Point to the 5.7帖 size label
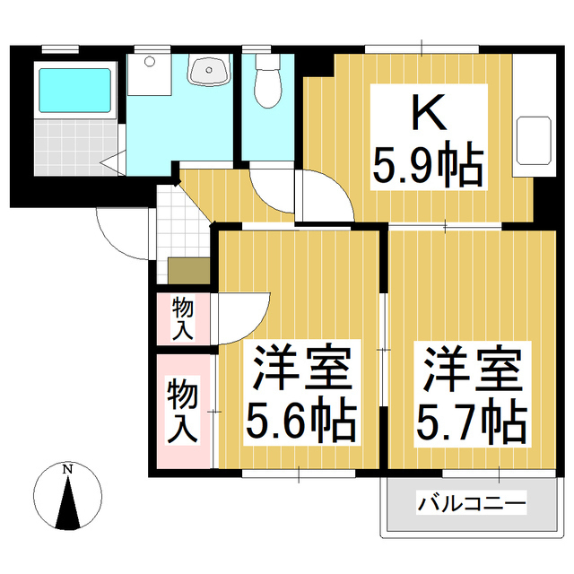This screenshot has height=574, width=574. point(469,418)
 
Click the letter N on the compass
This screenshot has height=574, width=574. point(67,469)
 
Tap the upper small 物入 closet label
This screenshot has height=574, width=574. point(183,317)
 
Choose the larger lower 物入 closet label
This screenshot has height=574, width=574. point(182,411)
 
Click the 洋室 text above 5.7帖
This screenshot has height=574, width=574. point(469,368)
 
